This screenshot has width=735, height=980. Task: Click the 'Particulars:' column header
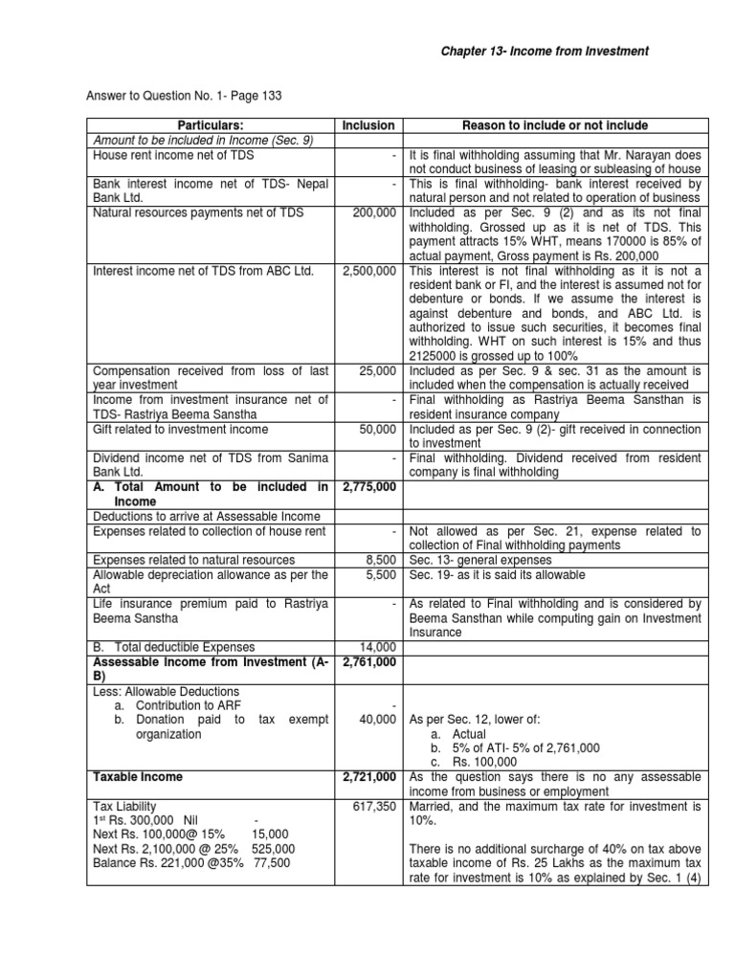click(210, 125)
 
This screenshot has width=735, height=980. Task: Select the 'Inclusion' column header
click(368, 125)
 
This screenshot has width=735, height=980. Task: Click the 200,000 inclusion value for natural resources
click(374, 212)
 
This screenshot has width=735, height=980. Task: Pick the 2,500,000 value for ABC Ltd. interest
click(369, 272)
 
